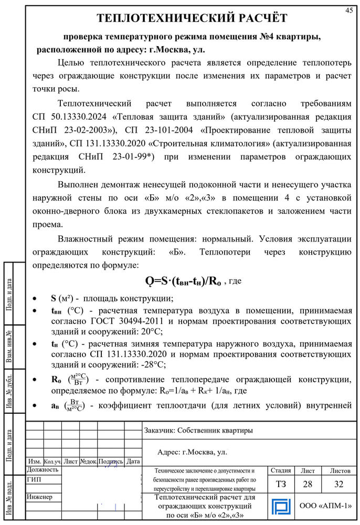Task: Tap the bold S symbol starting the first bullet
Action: point(54,298)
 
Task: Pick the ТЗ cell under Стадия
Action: point(281,484)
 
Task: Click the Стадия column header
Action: point(280,470)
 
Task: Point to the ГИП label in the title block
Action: point(34,480)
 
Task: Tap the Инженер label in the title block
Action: point(39,496)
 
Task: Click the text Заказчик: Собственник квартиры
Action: point(198,430)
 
